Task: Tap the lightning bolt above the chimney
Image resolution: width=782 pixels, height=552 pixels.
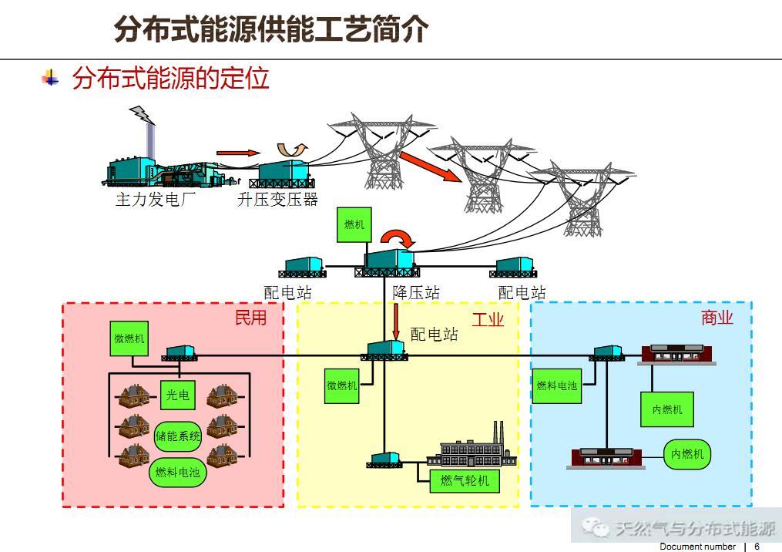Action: tap(143, 115)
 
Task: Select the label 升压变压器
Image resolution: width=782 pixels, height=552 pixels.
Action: tap(277, 200)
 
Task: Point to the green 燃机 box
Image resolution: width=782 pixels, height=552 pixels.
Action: tap(354, 224)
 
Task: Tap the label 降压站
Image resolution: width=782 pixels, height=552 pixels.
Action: tap(416, 293)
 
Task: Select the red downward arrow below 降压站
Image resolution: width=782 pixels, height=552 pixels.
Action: tap(396, 321)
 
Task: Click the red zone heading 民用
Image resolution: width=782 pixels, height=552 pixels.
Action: tap(250, 318)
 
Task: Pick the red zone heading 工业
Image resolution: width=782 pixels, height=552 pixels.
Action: tap(488, 319)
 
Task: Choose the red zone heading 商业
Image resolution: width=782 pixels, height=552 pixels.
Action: tap(717, 318)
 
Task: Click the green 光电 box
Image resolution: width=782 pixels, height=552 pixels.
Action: tap(177, 395)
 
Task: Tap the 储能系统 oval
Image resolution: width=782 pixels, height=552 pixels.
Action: tap(178, 436)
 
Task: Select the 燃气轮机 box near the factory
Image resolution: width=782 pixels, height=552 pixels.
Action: tap(464, 481)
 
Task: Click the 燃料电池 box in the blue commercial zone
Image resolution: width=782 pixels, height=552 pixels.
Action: tap(557, 385)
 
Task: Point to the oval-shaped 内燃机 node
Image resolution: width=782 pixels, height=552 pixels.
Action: tap(687, 454)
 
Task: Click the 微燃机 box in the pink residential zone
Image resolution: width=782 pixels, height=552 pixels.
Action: tap(129, 338)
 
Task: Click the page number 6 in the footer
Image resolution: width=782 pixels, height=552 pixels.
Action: tap(757, 547)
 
